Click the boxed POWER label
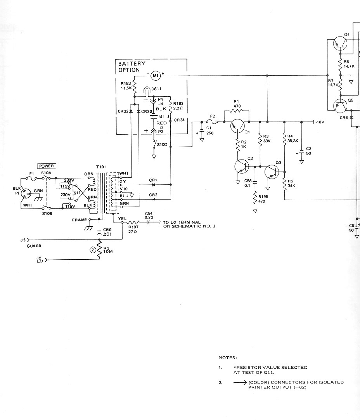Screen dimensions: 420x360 tap(46, 166)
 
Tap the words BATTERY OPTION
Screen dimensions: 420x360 tap(132, 67)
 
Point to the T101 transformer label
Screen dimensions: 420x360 tap(101, 167)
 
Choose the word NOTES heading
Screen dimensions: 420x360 tap(228, 358)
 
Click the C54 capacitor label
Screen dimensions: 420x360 tap(149, 213)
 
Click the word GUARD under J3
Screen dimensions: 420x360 tap(34, 246)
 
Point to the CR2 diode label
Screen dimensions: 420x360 tap(153, 194)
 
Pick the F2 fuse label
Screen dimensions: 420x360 tap(212, 116)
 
